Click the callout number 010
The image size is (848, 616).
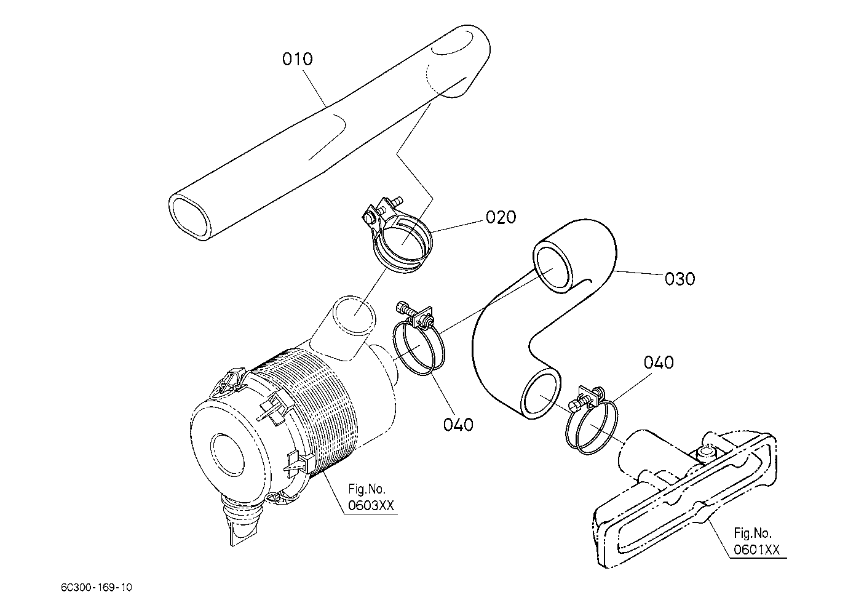(x=298, y=60)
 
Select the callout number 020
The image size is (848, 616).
(x=501, y=217)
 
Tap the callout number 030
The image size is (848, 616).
(x=680, y=279)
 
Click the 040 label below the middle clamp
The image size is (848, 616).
(x=458, y=425)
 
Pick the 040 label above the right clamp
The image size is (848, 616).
(x=659, y=362)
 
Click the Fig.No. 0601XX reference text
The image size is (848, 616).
(x=756, y=541)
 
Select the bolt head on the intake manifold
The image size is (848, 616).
(x=705, y=454)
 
